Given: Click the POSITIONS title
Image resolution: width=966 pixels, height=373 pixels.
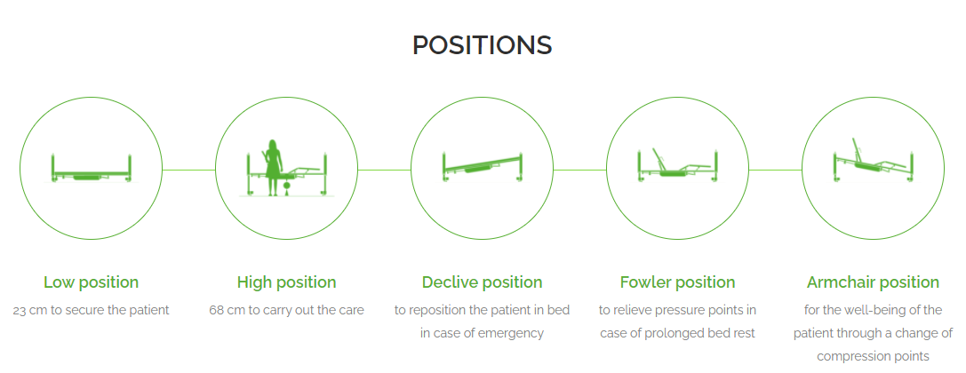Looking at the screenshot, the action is coord(483,45).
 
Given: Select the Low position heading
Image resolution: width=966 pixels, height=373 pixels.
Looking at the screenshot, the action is coord(92,282).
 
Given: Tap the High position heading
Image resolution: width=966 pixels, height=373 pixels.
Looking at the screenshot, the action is coord(286,282).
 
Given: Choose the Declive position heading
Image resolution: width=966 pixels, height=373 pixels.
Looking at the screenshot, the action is coord(483,282).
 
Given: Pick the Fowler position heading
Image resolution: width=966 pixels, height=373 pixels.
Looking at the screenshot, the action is coord(678,282).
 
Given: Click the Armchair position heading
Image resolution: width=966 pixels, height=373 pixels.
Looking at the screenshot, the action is coord(873,282).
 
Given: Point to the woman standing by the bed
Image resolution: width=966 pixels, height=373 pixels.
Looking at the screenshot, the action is coord(272,168).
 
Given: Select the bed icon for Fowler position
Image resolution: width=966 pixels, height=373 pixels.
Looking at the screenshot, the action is coord(677,165).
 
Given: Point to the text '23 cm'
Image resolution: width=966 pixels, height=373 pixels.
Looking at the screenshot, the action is coord(29,310).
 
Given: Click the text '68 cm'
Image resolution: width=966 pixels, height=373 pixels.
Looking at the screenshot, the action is coord(226,310).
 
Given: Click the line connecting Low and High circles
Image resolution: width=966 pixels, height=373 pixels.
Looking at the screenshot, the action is coord(189,170).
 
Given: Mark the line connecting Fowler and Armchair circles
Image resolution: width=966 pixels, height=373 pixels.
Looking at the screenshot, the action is coord(776,170).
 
